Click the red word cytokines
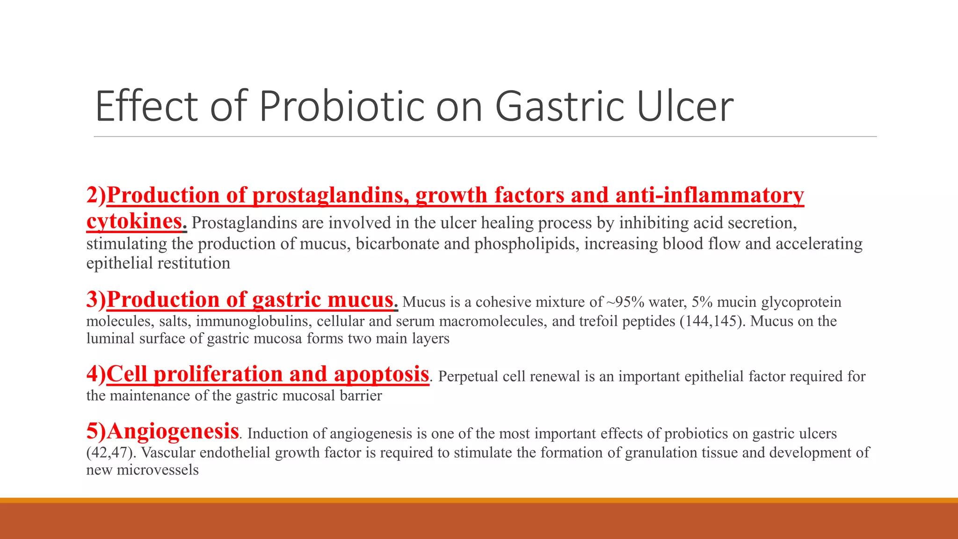(x=134, y=221)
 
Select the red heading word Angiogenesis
(x=173, y=431)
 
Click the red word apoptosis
(x=381, y=374)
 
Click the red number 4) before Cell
(x=96, y=374)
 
